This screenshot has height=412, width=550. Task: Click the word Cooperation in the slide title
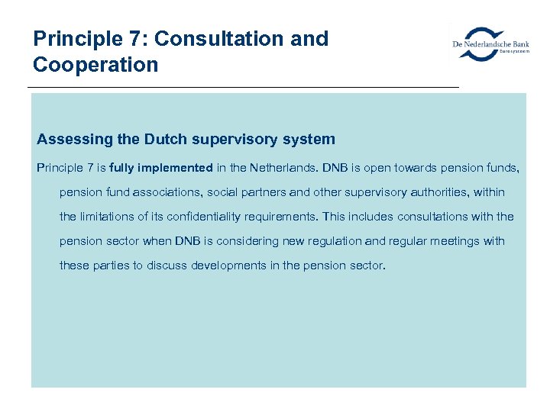[x=95, y=65]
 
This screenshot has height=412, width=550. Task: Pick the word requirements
[x=278, y=217]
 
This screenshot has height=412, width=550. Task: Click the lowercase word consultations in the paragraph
[x=435, y=217]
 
